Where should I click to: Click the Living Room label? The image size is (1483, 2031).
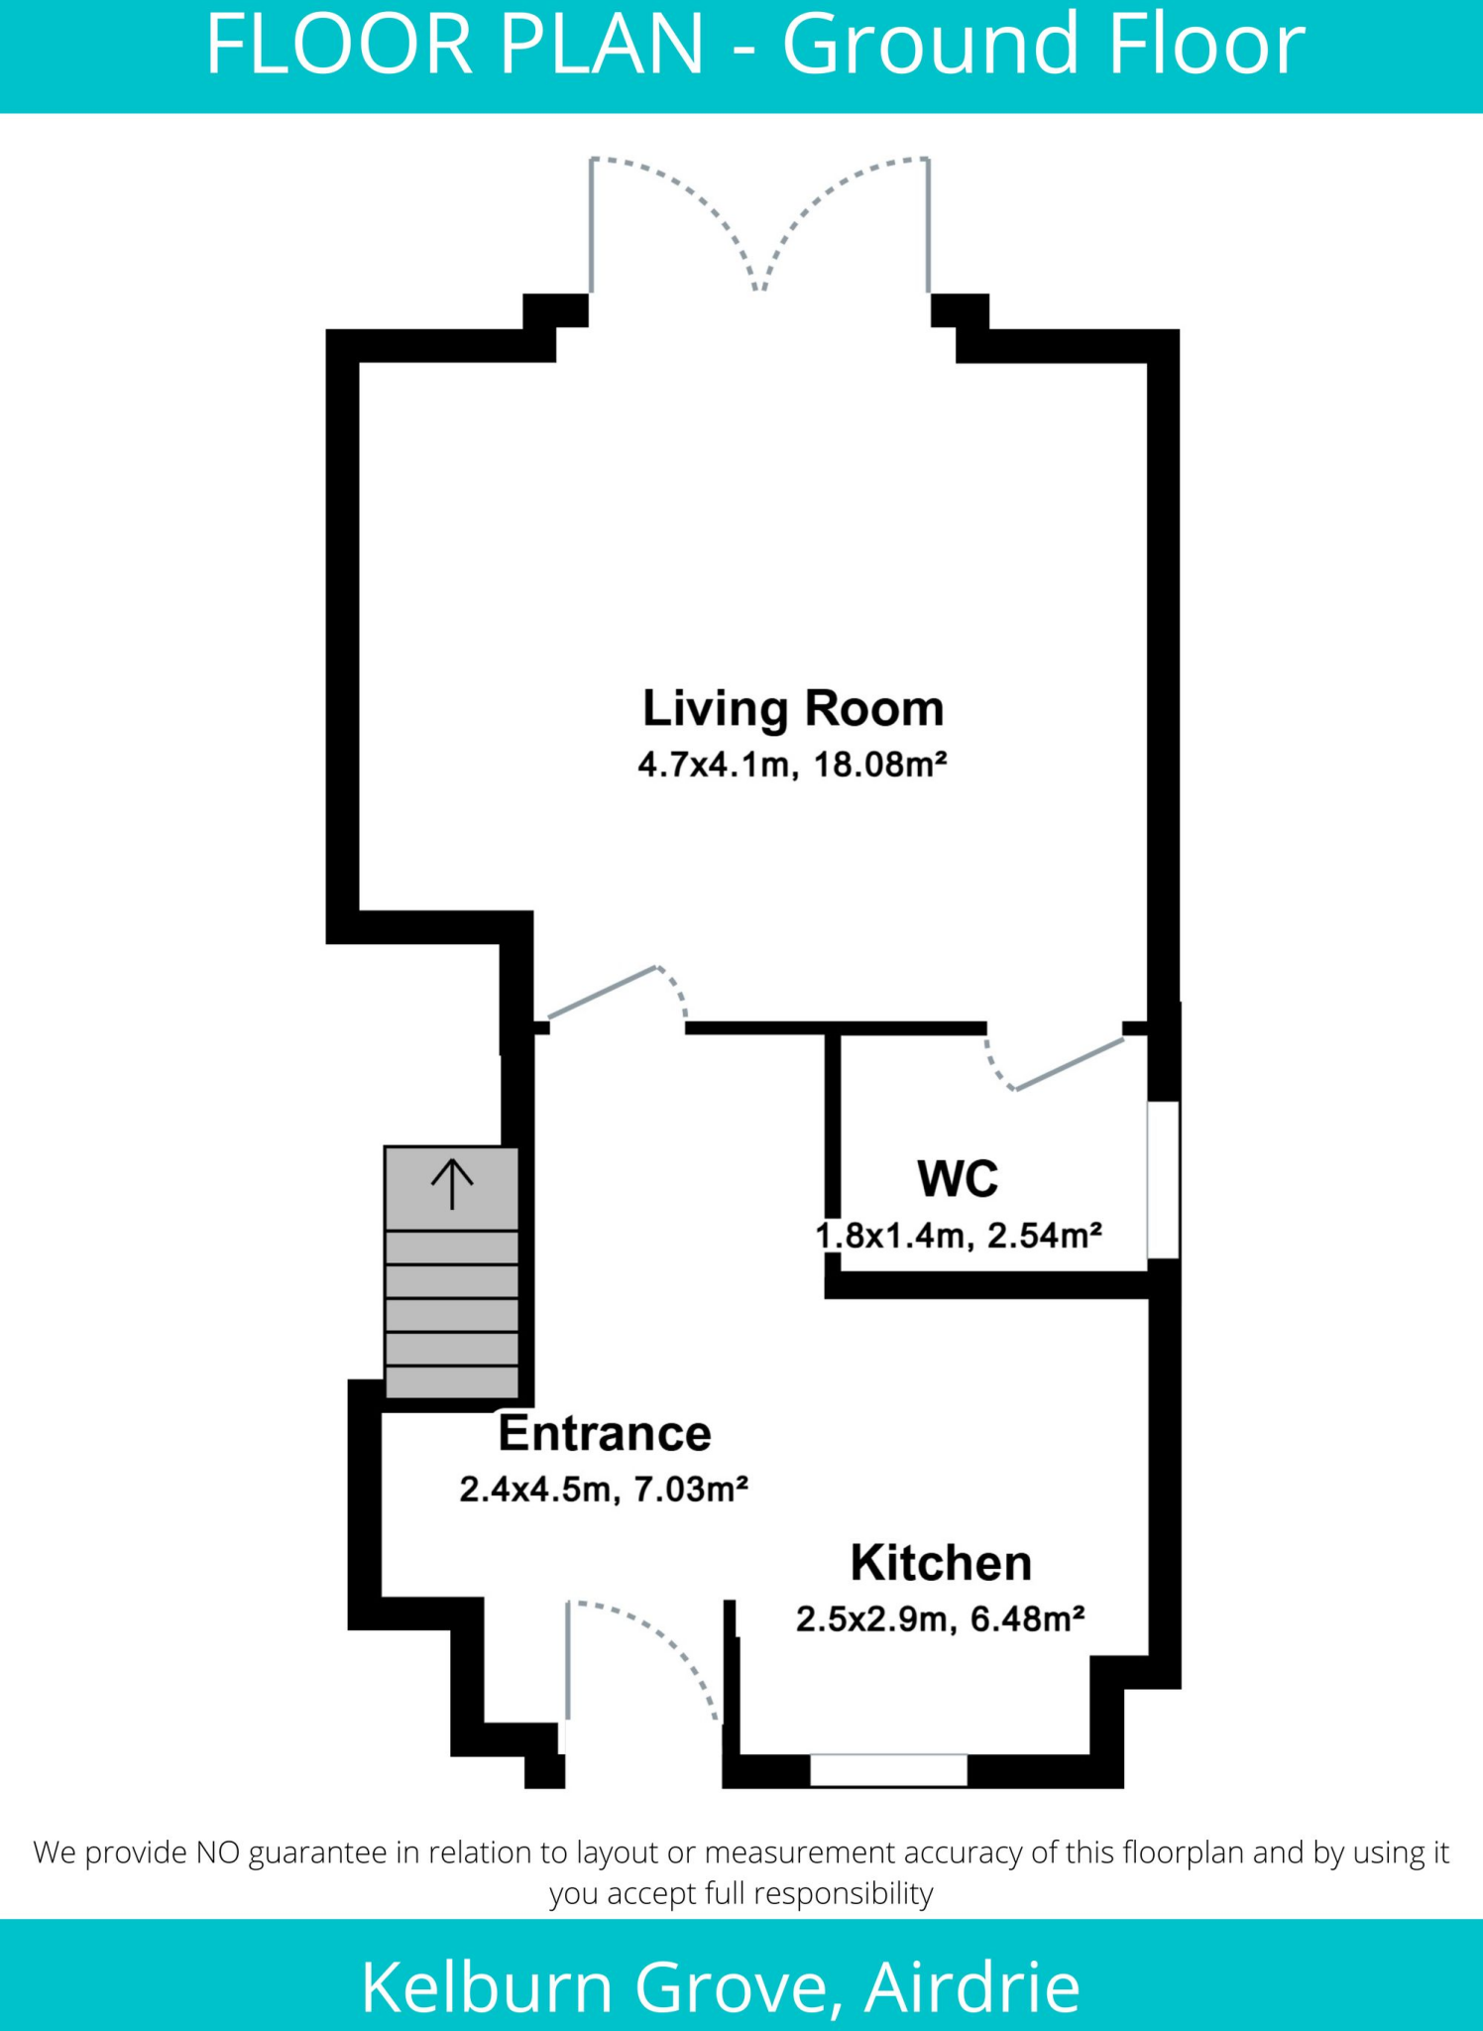[793, 709]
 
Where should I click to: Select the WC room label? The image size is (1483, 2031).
[958, 1179]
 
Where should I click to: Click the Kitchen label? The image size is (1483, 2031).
[941, 1563]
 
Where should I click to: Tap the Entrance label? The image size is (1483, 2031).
[605, 1433]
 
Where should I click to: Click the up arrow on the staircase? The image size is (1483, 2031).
[452, 1184]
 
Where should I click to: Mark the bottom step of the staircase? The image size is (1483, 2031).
[452, 1381]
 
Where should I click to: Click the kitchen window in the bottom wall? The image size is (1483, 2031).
[888, 1770]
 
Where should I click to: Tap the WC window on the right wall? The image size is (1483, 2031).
[1164, 1180]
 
